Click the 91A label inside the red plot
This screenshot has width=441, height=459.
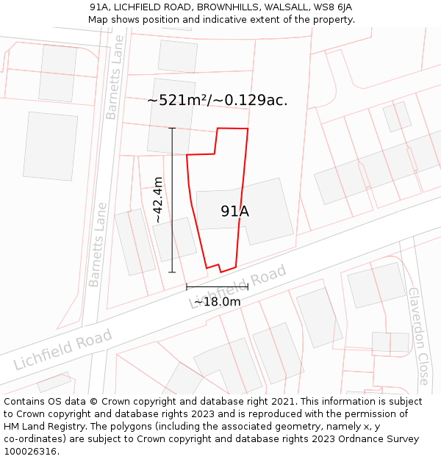[x=234, y=212]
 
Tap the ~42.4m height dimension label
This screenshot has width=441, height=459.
[x=158, y=200]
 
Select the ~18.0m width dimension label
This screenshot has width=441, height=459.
[x=217, y=301]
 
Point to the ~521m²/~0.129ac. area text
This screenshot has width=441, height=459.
[x=218, y=100]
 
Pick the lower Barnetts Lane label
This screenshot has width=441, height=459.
[x=97, y=245]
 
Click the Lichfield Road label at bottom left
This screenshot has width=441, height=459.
[x=62, y=350]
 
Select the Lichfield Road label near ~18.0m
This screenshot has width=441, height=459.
[x=239, y=287]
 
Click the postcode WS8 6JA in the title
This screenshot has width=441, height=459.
[x=332, y=7]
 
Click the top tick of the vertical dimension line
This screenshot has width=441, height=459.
[x=172, y=129]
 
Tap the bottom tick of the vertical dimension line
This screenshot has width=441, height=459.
[x=172, y=272]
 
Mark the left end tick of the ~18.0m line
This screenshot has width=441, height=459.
[x=187, y=287]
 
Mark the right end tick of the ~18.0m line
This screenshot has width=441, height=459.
[x=248, y=287]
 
